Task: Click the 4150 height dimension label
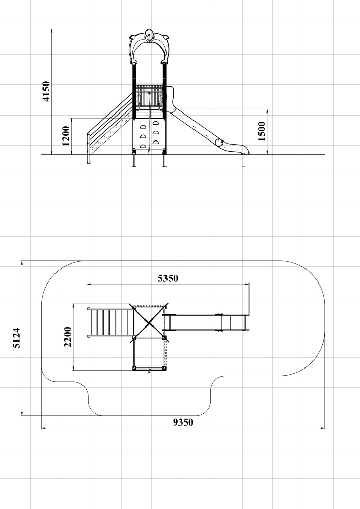[46, 91]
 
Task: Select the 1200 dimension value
[66, 136]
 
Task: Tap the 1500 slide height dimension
[262, 131]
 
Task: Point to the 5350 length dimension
[168, 278]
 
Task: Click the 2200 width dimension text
[68, 337]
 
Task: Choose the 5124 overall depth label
[17, 338]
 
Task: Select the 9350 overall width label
[183, 422]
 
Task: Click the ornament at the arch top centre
[149, 35]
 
